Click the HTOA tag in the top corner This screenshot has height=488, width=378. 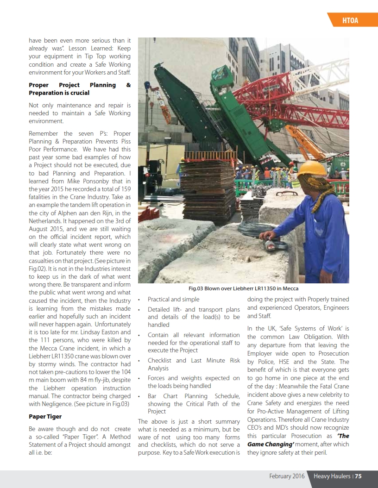pyautogui.click(x=350, y=20)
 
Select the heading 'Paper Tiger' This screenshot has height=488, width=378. pyautogui.click(x=45, y=416)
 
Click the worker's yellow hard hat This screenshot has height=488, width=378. pyautogui.click(x=312, y=168)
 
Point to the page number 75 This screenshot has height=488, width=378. pyautogui.click(x=358, y=476)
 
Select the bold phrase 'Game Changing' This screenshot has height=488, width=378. pyautogui.click(x=271, y=444)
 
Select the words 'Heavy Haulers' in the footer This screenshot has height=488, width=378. pyautogui.click(x=332, y=476)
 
